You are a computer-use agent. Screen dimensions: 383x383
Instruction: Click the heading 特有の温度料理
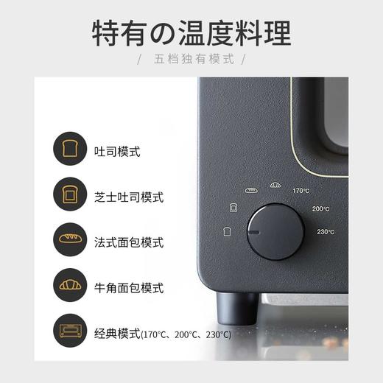pyautogui.click(x=191, y=33)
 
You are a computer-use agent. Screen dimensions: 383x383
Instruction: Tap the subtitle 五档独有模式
pyautogui.click(x=191, y=59)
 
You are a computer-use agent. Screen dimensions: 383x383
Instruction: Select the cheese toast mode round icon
pyautogui.click(x=70, y=196)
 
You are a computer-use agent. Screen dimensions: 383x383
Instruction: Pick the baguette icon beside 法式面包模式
pyautogui.click(x=70, y=241)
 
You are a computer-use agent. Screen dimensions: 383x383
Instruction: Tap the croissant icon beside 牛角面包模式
pyautogui.click(x=70, y=285)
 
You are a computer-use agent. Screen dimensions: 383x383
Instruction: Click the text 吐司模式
pyautogui.click(x=117, y=152)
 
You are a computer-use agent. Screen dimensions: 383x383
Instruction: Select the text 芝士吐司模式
pyautogui.click(x=129, y=197)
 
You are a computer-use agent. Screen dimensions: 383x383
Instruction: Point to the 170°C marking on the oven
pyautogui.click(x=301, y=191)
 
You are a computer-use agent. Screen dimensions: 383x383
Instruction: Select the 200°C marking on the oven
pyautogui.click(x=320, y=209)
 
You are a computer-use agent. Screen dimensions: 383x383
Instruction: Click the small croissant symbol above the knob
pyautogui.click(x=275, y=185)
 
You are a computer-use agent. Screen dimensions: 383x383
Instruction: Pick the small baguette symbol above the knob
pyautogui.click(x=250, y=191)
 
